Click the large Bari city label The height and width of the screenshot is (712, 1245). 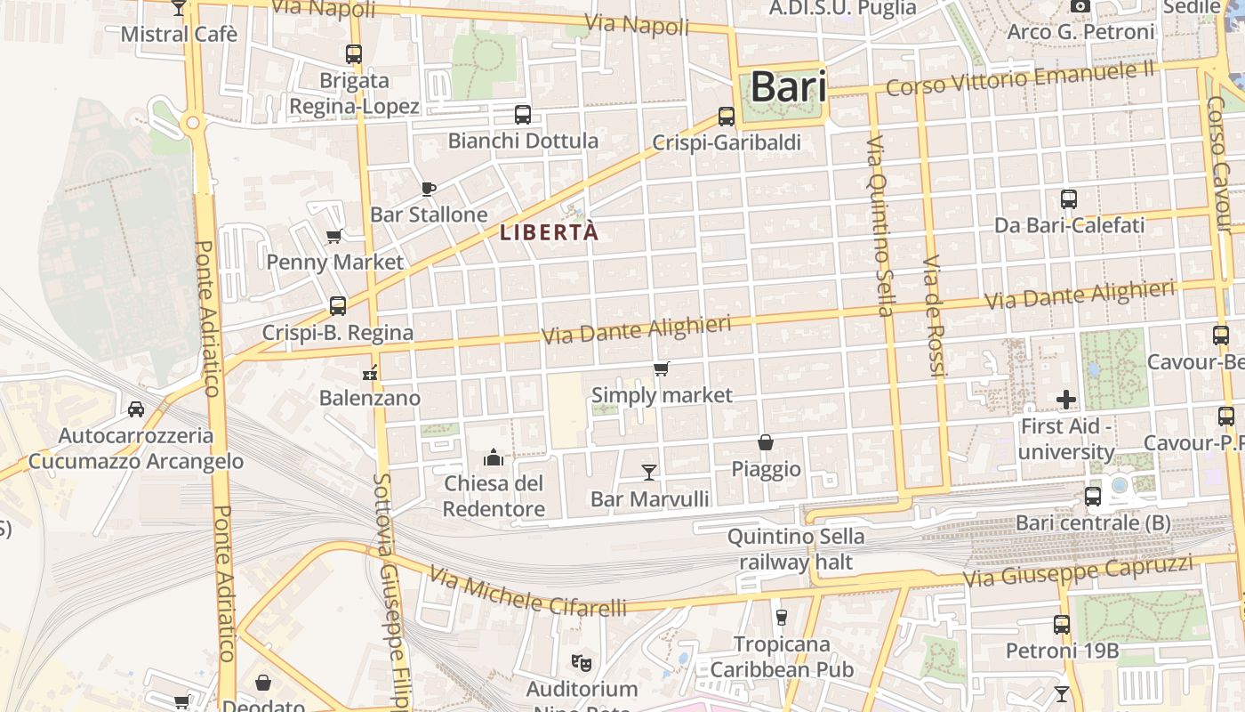tap(788, 87)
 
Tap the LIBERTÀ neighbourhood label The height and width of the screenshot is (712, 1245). tap(549, 233)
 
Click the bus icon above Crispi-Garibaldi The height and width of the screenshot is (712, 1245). tap(727, 117)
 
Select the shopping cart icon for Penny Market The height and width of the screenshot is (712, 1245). tap(334, 236)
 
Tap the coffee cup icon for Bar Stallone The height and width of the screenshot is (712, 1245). tap(428, 189)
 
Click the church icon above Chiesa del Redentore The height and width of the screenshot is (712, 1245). tap(493, 458)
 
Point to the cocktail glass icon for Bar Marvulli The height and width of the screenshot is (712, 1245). tap(649, 472)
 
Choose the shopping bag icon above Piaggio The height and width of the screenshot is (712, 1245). tap(765, 442)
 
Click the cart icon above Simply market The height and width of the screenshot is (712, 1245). tap(661, 368)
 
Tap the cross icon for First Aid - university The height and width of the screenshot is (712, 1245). tap(1065, 400)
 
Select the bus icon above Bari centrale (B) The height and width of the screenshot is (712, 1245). tap(1093, 496)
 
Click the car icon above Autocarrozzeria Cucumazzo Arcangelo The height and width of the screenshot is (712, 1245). tap(136, 409)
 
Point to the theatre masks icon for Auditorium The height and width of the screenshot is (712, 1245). tap(582, 662)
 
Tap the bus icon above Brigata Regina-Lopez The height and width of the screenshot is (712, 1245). tap(354, 54)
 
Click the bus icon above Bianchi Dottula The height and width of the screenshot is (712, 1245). tap(523, 115)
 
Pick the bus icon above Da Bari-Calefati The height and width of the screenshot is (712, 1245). tap(1069, 199)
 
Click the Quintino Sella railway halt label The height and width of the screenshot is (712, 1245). tap(795, 549)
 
